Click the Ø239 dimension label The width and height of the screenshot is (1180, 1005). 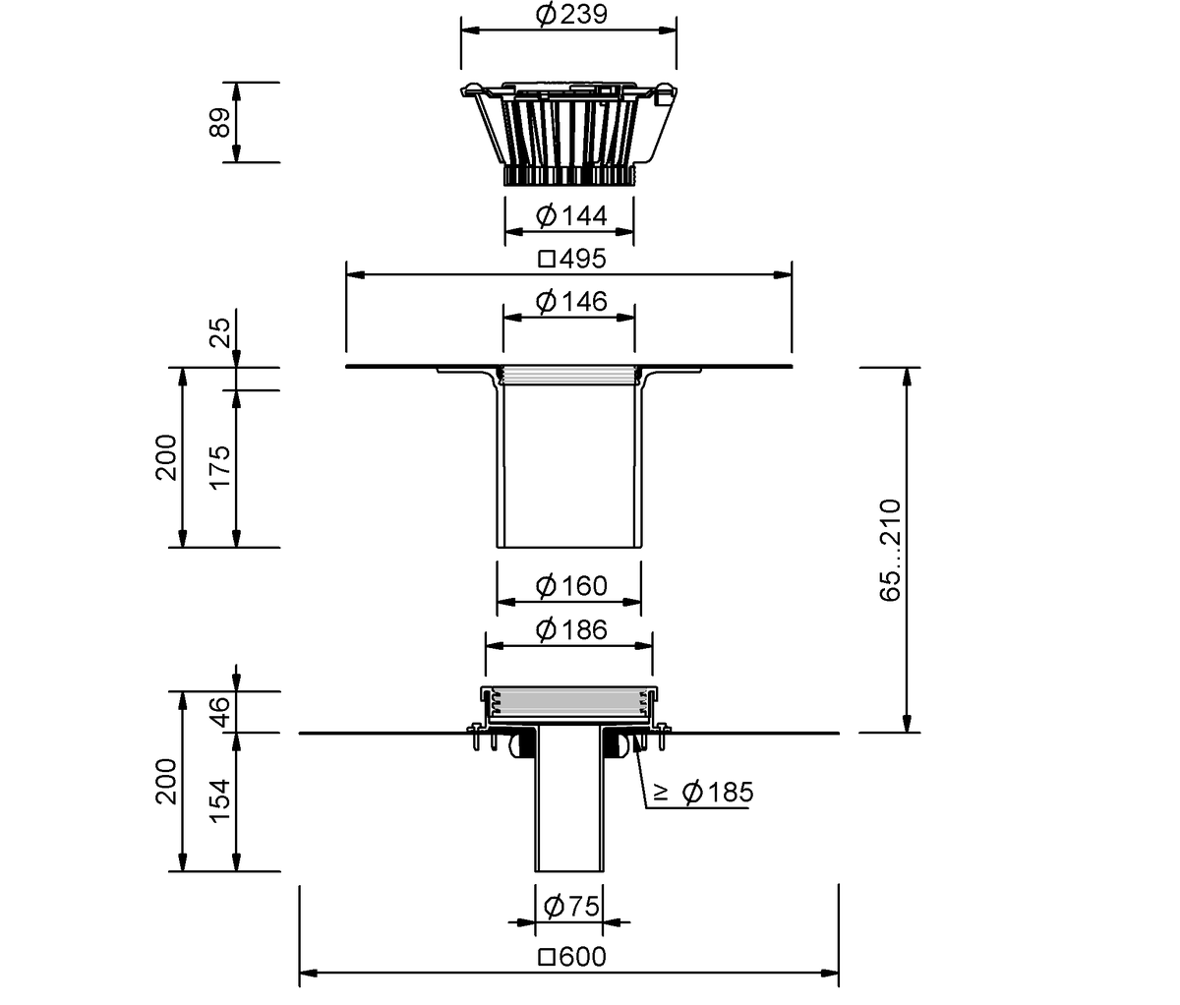(571, 15)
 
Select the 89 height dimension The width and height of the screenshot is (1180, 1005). (220, 123)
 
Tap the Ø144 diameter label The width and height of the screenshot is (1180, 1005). (571, 215)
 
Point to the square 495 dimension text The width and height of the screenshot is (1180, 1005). (572, 260)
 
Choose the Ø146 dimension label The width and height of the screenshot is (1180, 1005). (571, 302)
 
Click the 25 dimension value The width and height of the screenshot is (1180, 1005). (220, 332)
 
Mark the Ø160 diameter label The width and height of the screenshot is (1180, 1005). (571, 586)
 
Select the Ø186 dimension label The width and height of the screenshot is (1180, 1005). (571, 629)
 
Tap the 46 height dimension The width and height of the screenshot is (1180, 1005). (220, 712)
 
